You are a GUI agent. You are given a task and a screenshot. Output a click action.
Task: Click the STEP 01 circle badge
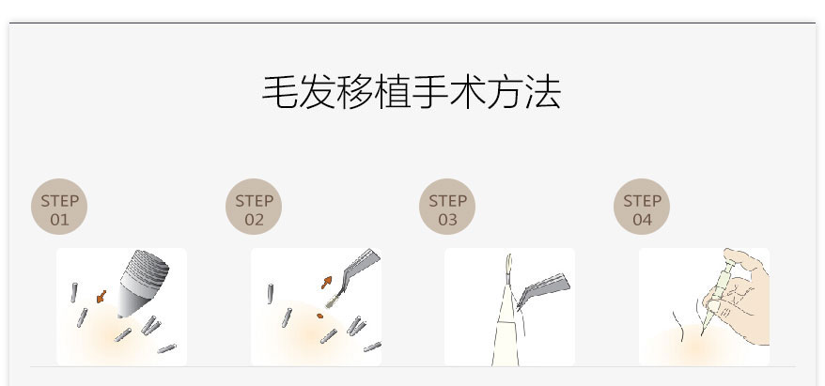(x=59, y=206)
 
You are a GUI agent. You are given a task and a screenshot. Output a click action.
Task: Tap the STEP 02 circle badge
(x=254, y=206)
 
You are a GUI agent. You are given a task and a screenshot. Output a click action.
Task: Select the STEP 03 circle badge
(x=447, y=206)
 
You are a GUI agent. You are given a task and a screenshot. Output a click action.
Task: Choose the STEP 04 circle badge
(x=642, y=206)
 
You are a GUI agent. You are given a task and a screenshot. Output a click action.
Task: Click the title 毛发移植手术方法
(x=412, y=92)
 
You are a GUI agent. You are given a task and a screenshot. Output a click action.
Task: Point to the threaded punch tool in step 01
(x=142, y=283)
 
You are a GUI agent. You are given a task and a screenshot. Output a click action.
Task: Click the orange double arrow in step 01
(x=101, y=297)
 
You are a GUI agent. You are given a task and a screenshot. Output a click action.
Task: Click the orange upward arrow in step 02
(x=327, y=283)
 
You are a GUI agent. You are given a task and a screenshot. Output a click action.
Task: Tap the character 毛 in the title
(x=280, y=92)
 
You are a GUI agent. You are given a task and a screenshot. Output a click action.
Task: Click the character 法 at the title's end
(x=543, y=92)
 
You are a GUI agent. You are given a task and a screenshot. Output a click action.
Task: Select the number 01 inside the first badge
(x=59, y=219)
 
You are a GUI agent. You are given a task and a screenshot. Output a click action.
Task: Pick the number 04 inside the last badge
(x=643, y=219)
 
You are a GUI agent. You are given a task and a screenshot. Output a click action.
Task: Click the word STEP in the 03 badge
(x=448, y=201)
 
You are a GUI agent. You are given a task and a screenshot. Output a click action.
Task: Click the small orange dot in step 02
(x=319, y=317)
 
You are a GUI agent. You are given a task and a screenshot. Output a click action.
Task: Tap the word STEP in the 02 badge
(x=254, y=201)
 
